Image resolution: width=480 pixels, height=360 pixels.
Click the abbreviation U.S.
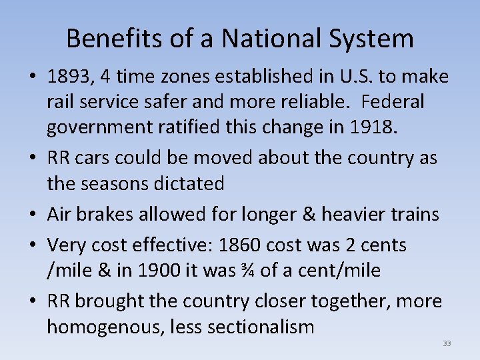point(352,77)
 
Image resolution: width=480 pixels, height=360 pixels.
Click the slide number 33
point(446,343)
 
